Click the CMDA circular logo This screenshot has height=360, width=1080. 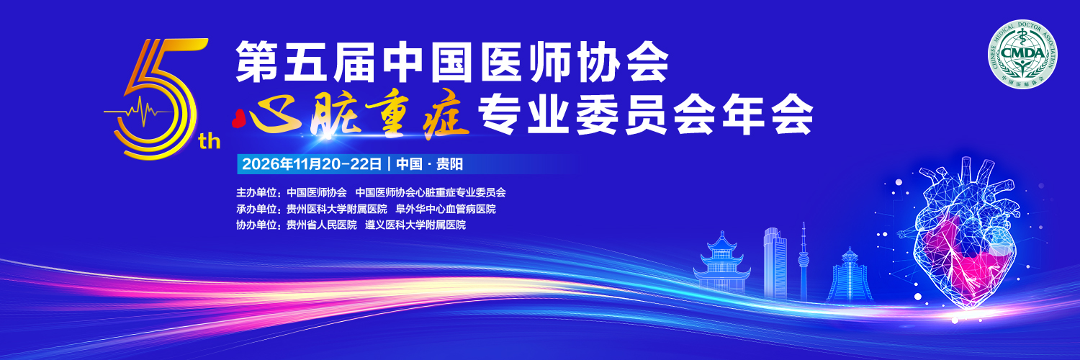[x=1023, y=54]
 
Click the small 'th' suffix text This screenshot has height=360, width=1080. [x=210, y=141]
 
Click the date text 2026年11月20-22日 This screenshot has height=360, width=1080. [x=312, y=164]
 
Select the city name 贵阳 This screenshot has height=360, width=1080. [x=449, y=164]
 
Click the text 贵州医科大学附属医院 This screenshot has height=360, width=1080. [x=336, y=209]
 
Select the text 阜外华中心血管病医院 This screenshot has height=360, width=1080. [x=446, y=209]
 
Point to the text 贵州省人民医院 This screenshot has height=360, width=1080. [x=322, y=225]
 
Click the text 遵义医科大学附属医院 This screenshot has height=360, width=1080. [x=415, y=225]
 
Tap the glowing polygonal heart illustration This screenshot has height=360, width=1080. [x=964, y=236]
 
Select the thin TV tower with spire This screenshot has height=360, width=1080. [x=804, y=263]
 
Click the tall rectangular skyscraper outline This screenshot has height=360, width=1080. [x=775, y=263]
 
